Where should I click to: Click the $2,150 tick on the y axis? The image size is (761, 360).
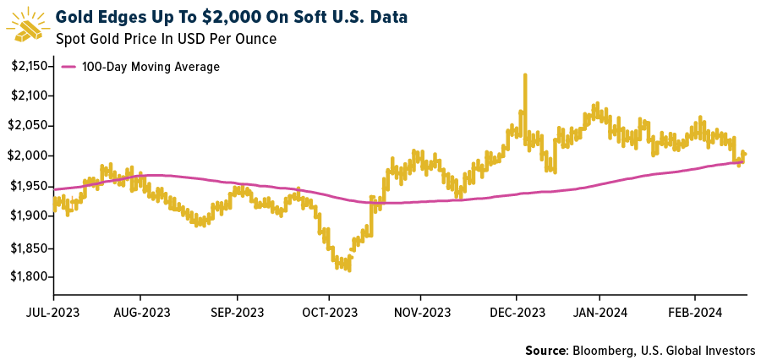27,65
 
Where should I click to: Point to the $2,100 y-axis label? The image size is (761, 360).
27,95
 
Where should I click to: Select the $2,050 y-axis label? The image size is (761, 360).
27,126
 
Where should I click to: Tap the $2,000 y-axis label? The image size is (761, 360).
27,156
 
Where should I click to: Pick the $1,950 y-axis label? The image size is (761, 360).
27,186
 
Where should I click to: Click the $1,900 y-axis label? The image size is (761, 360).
27,216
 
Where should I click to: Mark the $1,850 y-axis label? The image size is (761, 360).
27,247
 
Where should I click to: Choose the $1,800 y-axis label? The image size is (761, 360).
27,277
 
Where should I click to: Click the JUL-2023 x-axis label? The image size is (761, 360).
54,312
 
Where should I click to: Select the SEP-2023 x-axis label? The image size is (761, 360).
237,312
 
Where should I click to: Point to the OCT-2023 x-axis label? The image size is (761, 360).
329,312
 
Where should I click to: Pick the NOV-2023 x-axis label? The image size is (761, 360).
420,312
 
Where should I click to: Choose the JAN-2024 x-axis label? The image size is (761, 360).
599,312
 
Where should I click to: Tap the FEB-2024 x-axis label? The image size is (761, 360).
695,312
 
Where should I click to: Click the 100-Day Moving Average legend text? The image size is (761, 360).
151,67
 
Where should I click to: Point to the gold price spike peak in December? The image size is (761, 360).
525,75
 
